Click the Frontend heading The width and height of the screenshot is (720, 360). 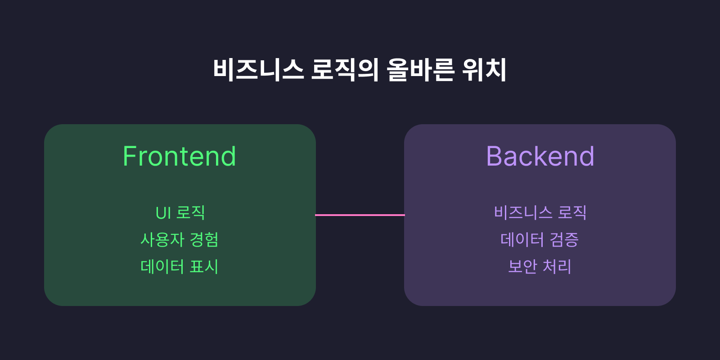click(180, 157)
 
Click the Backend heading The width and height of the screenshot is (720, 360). click(540, 157)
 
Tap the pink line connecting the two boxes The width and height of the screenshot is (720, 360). click(360, 215)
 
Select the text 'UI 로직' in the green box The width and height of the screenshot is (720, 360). click(180, 212)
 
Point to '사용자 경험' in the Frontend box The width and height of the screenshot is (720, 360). click(180, 239)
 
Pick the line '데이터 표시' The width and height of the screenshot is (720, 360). click(180, 266)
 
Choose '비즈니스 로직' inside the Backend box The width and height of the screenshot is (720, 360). click(540, 212)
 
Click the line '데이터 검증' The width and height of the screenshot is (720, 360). click(540, 239)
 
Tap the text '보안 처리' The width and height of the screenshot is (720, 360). click(540, 266)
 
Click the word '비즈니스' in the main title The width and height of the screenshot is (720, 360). click(258, 70)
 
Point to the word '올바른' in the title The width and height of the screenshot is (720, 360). click(420, 70)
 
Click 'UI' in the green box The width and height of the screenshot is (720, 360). click(163, 213)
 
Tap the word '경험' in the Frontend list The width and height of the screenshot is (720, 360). click(204, 239)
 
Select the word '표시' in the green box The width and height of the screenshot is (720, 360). click(204, 266)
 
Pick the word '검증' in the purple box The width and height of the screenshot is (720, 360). click(564, 239)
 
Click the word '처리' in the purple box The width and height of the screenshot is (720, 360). click(557, 266)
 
